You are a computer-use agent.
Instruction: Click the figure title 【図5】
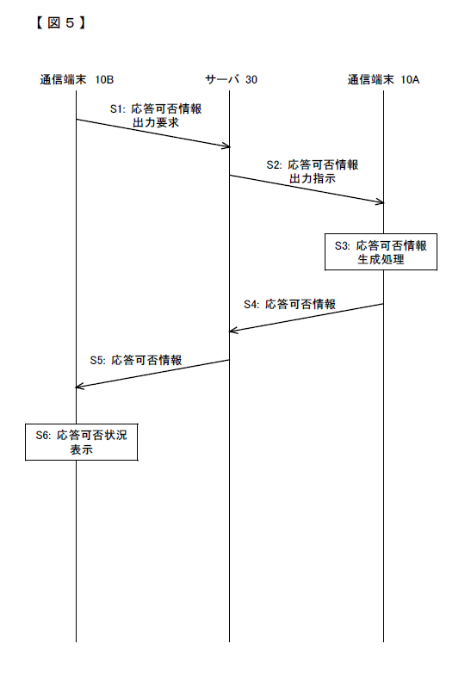(60, 22)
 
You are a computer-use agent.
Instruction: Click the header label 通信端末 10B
(77, 79)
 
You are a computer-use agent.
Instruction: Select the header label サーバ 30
(231, 79)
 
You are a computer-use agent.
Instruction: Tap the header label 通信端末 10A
(384, 79)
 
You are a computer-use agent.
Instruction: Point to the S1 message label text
(156, 115)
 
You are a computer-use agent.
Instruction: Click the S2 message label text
(313, 171)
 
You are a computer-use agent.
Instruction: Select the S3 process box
(381, 251)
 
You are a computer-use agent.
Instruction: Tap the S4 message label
(289, 305)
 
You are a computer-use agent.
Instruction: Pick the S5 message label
(136, 360)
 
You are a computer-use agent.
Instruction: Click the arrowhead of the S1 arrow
(228, 146)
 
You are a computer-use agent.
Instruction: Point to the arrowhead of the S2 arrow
(381, 201)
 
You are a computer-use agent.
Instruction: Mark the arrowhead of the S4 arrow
(232, 331)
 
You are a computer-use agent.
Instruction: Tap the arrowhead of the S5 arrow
(78, 387)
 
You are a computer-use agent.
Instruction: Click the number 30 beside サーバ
(251, 79)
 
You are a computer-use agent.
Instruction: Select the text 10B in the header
(105, 79)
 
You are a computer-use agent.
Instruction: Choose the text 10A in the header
(410, 79)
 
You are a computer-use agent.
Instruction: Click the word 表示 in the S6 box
(81, 449)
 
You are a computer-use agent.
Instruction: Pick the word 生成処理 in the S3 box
(381, 259)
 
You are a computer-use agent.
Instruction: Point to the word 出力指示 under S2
(313, 178)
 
